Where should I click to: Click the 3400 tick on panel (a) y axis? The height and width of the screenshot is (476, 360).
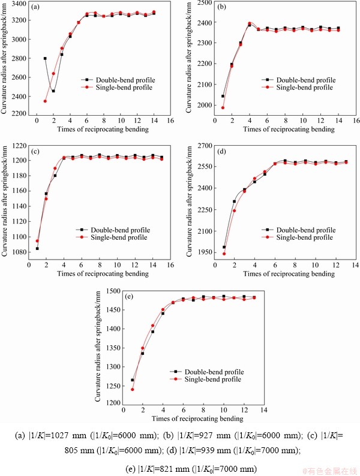click(x=19, y=4)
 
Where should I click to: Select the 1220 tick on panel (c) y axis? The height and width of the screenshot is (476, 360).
click(x=19, y=146)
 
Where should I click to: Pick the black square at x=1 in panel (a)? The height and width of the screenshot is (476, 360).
click(x=45, y=59)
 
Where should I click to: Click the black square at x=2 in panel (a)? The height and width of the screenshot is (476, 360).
click(x=53, y=91)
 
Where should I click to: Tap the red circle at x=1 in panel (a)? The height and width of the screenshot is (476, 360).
click(x=45, y=101)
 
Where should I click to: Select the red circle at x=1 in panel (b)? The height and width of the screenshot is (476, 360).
click(x=223, y=108)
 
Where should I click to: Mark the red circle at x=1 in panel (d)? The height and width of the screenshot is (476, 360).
click(x=224, y=254)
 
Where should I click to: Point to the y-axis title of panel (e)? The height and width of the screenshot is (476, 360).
click(x=98, y=347)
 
